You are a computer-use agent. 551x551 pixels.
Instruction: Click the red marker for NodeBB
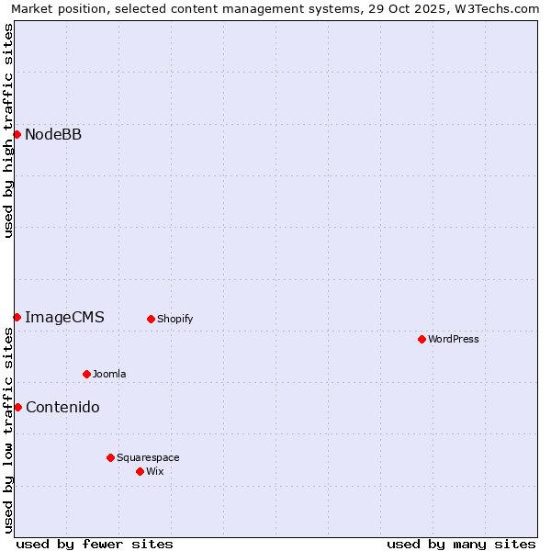[17, 135]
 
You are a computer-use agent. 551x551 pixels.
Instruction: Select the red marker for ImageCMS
[17, 317]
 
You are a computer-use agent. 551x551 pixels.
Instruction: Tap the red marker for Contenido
[17, 407]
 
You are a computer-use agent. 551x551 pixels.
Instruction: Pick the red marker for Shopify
[151, 319]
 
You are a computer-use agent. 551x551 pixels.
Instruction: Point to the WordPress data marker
[422, 339]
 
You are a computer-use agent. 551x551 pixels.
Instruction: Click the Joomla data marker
[86, 374]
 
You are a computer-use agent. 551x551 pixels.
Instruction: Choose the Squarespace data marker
[110, 457]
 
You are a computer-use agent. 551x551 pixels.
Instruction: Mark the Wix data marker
[140, 471]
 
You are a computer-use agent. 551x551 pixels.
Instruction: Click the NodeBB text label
[53, 135]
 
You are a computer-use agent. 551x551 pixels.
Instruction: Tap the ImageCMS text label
[64, 317]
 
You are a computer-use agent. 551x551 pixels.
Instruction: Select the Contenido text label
[62, 407]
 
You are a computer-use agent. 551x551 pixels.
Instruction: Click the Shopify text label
[174, 319]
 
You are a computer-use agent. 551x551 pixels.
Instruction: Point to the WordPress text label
[454, 339]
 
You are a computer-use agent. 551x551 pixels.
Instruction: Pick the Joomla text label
[109, 374]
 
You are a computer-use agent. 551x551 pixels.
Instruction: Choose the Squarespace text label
[148, 457]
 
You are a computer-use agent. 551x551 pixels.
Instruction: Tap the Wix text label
[155, 471]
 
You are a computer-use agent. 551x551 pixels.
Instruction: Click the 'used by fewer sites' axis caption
[95, 544]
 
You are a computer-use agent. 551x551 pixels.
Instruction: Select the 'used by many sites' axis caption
[461, 544]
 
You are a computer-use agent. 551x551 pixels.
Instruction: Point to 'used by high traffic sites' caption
[8, 130]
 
